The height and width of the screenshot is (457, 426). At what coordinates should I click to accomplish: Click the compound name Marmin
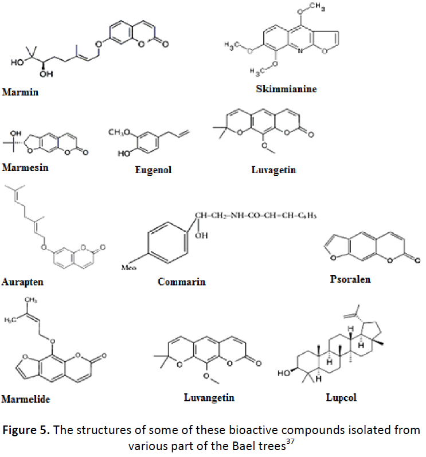coord(20,92)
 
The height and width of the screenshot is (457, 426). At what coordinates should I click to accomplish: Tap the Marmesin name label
coord(25,167)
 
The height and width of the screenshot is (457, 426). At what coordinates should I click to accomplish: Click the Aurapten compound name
coord(22,282)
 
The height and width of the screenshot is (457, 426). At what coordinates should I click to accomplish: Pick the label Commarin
coord(181,282)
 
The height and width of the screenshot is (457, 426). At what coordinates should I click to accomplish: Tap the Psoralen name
coord(350,279)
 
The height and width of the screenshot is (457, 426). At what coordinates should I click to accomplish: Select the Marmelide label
coord(25,399)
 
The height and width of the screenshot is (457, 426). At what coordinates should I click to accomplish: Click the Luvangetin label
coord(209,397)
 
